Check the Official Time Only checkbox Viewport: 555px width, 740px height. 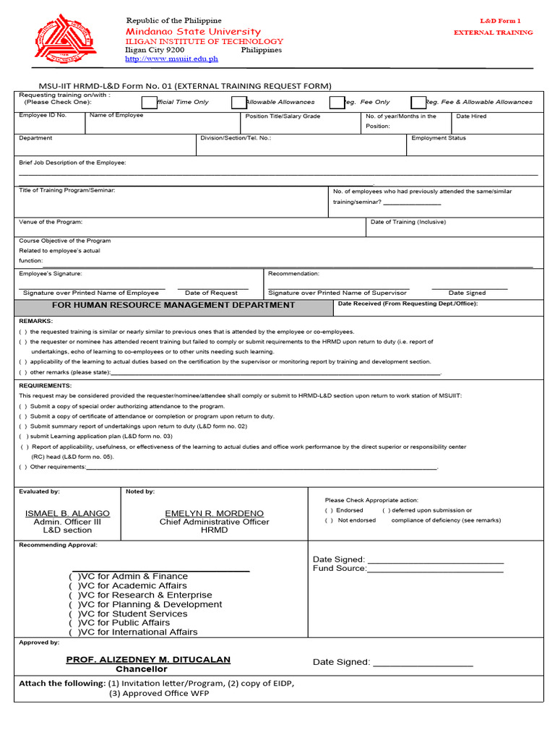coord(149,103)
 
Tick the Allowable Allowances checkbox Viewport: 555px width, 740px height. coord(238,103)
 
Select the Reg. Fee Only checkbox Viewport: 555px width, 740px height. coord(337,103)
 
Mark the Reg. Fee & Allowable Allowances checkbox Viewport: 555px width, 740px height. coord(418,103)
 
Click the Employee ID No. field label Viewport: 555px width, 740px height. coord(43,116)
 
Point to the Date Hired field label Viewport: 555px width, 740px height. coord(471,116)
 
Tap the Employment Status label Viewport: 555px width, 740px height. coord(439,138)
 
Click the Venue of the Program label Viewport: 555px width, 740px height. coord(51,222)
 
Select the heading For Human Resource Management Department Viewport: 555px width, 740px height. coord(173,305)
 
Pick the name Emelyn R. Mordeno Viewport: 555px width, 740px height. coord(214,513)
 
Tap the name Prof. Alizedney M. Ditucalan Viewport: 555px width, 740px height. coord(148,660)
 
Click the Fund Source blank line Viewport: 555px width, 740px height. coord(435,569)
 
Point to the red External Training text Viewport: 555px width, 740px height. coord(493,33)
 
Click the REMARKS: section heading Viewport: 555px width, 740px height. coord(36,320)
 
